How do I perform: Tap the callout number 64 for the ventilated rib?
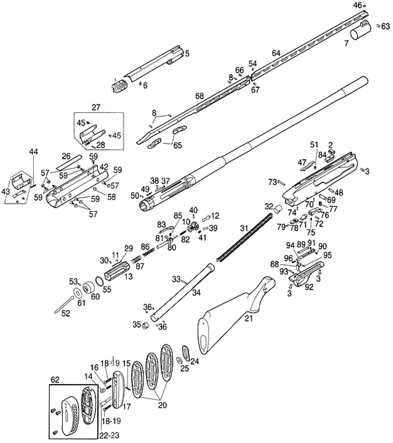coord(276,53)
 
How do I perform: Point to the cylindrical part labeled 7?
coord(360,31)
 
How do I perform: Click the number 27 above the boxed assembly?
coord(96,107)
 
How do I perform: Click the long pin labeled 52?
coord(64,304)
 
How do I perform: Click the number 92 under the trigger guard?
coord(309,287)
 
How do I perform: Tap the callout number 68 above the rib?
coord(199,96)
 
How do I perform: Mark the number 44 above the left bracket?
coord(34,151)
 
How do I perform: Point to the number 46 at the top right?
coord(357,5)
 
